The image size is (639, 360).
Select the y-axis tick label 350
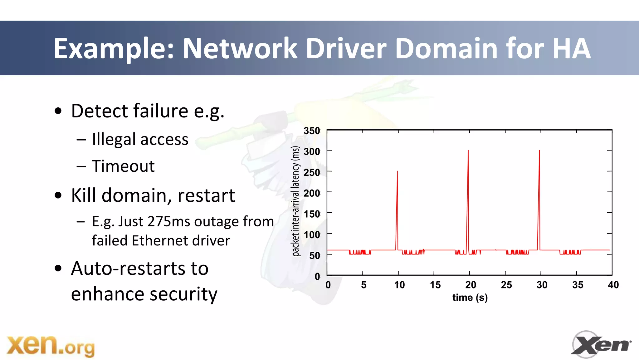312,131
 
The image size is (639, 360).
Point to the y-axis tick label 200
312,193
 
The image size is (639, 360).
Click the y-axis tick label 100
312,235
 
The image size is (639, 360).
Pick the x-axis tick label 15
435,285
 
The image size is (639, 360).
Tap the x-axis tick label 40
613,285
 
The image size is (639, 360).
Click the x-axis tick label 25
506,285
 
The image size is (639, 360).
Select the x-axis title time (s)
470,298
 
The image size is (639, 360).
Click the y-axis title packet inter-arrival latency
295,201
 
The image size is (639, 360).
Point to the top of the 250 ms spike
397,171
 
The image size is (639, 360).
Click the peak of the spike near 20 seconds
468,151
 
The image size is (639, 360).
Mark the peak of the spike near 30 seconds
539,151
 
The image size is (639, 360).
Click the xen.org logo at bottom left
51,346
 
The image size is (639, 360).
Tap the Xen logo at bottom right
601,344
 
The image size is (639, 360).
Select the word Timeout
123,166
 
